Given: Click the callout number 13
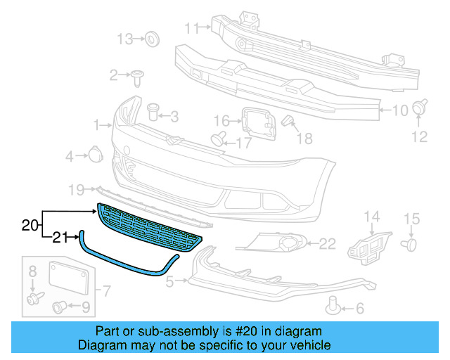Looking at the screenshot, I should [x=124, y=39].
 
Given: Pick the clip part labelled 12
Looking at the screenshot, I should [x=421, y=108].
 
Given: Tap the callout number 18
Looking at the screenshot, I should [x=304, y=139].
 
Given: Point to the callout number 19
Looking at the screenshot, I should [x=76, y=189].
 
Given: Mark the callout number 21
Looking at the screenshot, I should [x=60, y=238].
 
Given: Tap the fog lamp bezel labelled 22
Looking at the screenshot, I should [x=274, y=245].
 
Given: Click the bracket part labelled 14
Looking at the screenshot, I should [x=366, y=242].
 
